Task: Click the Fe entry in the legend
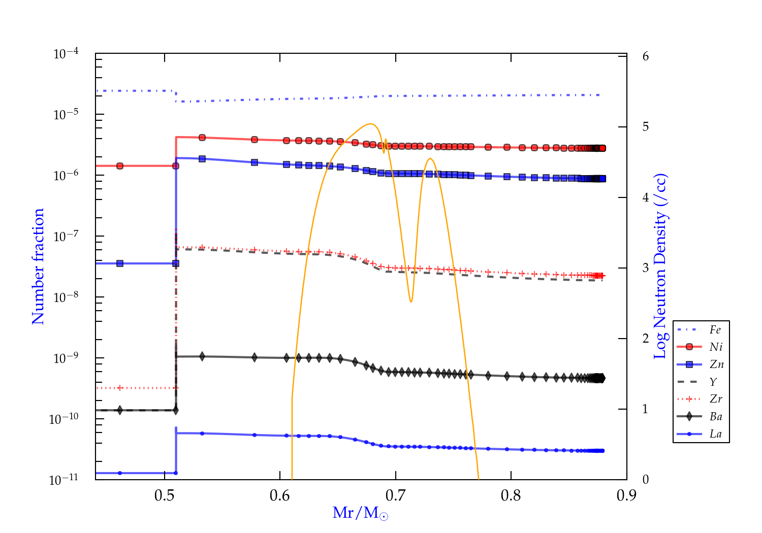(715, 330)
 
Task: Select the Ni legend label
(716, 347)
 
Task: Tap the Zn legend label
(716, 364)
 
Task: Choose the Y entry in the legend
(713, 382)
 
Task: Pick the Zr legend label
(716, 399)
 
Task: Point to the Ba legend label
(716, 417)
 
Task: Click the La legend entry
(715, 434)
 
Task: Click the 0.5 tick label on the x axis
(165, 495)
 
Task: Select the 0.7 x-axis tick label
(396, 495)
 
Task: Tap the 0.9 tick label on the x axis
(626, 495)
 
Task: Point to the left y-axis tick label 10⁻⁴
(66, 53)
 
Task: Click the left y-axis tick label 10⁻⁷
(66, 236)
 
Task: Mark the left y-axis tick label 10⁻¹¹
(64, 479)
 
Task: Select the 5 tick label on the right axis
(645, 126)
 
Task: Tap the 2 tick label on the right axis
(645, 338)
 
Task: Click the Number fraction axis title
(38, 266)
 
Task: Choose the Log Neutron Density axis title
(660, 266)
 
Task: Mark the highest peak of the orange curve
(371, 124)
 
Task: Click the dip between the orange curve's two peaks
(411, 302)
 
